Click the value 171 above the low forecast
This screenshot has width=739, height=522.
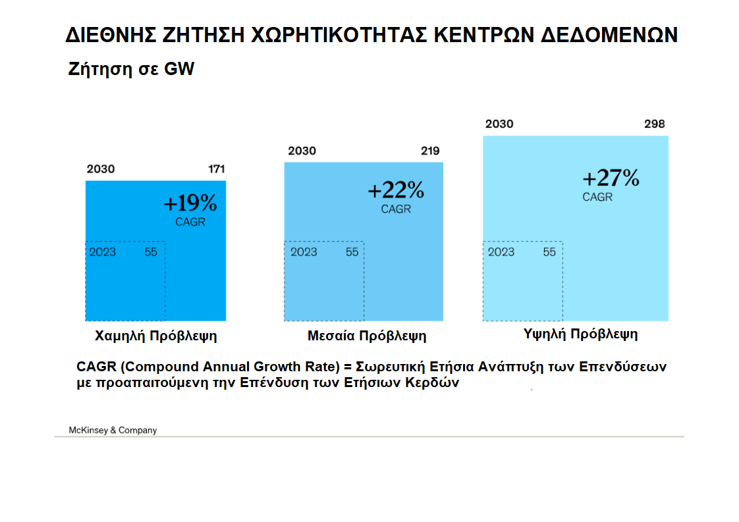(217, 169)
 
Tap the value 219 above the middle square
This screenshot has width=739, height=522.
(430, 151)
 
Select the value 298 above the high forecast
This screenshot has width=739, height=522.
(655, 124)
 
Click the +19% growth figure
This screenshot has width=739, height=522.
(190, 203)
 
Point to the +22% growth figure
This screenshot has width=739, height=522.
(396, 190)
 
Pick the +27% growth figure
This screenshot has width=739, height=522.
(611, 178)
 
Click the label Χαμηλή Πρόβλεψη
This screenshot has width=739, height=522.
(156, 336)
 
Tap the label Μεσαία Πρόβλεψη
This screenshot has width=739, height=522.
(367, 336)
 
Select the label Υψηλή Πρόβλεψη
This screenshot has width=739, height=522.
(581, 334)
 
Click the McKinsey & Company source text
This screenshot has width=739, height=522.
(113, 430)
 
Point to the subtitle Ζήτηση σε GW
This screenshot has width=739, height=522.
(131, 69)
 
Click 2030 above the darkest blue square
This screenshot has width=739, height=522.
(100, 169)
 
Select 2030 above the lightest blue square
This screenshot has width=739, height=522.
(499, 124)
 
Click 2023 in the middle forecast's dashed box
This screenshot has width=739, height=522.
(304, 252)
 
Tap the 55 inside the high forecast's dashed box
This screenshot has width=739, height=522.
(549, 252)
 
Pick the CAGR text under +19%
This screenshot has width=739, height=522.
(190, 222)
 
